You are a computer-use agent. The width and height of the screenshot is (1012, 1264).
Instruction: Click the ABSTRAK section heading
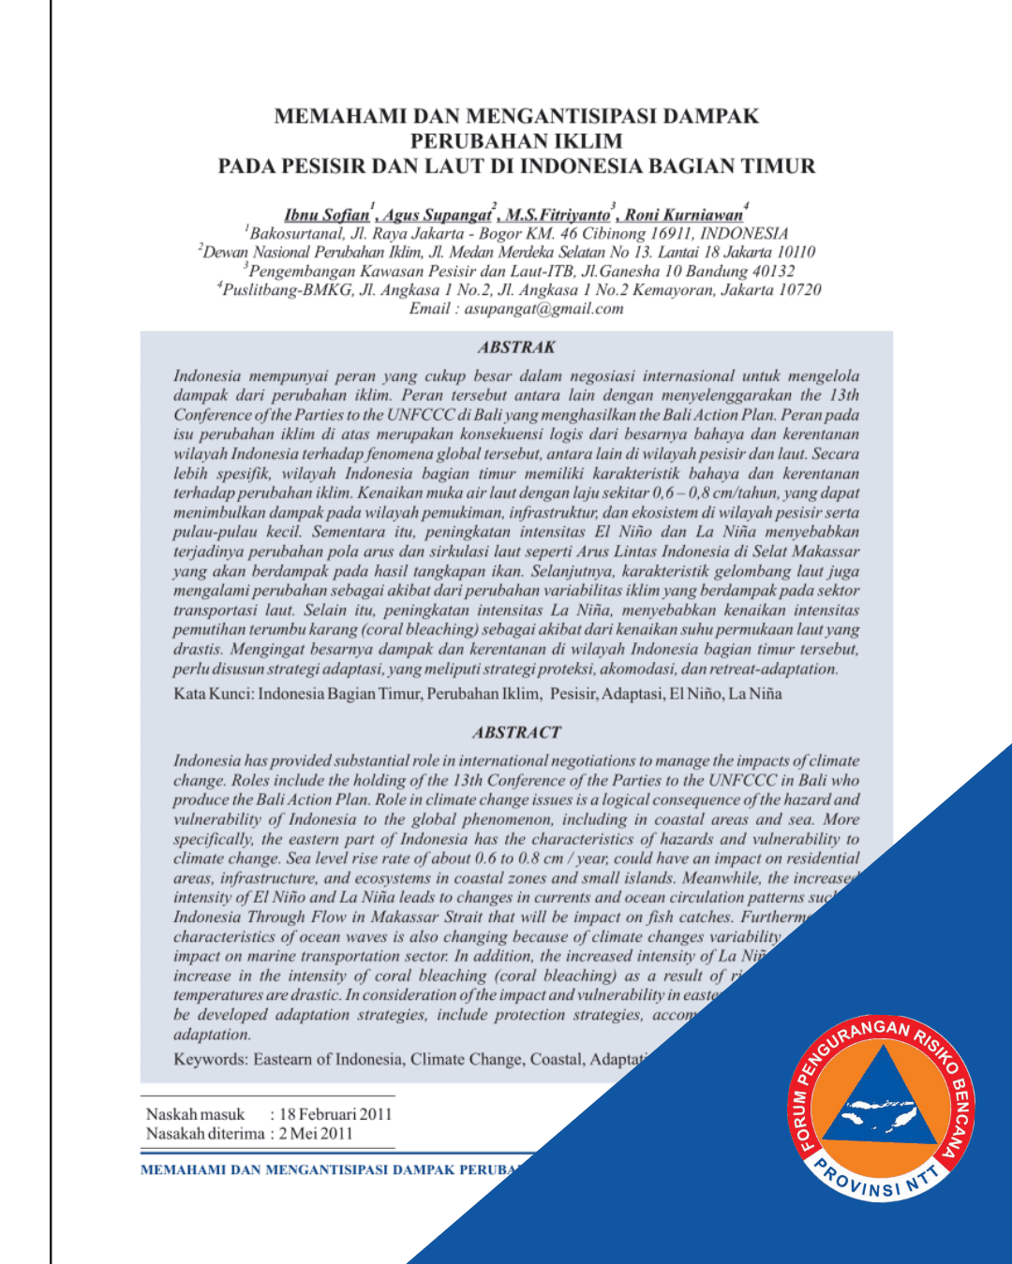[516, 347]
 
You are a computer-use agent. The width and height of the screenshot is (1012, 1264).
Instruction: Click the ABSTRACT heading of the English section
[516, 732]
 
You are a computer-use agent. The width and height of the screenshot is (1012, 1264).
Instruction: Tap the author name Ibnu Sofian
[327, 214]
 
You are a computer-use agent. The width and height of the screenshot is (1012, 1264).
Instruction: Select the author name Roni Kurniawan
[683, 214]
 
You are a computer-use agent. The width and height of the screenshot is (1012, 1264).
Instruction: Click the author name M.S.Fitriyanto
[558, 214]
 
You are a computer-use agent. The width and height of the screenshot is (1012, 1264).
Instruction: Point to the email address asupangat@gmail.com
[543, 309]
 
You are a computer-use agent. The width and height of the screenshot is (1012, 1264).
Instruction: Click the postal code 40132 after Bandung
[773, 272]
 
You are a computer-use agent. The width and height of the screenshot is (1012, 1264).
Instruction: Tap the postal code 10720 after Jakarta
[799, 290]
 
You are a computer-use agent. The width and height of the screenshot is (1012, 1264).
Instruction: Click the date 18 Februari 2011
[335, 1114]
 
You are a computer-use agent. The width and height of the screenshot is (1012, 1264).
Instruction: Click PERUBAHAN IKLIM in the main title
[516, 141]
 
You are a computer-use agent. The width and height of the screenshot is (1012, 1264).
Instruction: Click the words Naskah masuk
[195, 1114]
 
